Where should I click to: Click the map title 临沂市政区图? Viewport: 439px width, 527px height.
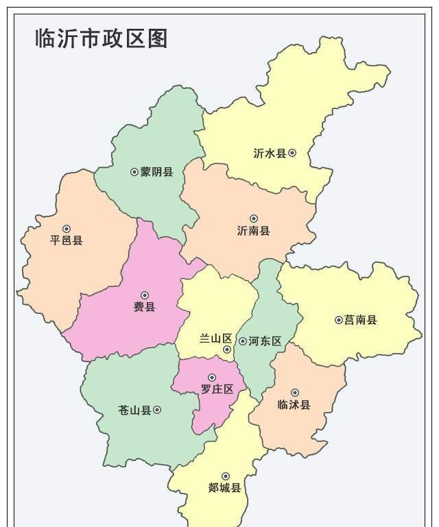(x=102, y=38)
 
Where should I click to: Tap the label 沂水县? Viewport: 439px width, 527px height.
(x=270, y=154)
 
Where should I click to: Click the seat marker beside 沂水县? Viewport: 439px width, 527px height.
(x=292, y=153)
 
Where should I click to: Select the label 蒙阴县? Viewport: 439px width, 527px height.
(x=157, y=172)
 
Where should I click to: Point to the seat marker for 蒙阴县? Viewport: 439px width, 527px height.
(x=134, y=172)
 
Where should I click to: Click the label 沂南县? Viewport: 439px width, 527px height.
(x=253, y=231)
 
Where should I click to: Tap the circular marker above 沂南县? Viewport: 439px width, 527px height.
(x=254, y=219)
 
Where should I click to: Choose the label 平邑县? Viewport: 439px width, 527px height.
(x=67, y=241)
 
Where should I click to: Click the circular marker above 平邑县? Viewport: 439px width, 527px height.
(x=67, y=229)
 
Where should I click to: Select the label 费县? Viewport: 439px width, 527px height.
(x=144, y=307)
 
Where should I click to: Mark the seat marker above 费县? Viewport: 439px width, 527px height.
(x=144, y=295)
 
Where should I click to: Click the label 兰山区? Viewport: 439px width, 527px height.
(x=216, y=339)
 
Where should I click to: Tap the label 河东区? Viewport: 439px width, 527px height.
(x=265, y=341)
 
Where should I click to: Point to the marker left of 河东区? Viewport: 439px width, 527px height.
(x=243, y=341)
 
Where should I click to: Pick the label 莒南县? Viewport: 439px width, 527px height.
(x=361, y=320)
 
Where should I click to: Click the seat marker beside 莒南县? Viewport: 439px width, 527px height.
(x=338, y=320)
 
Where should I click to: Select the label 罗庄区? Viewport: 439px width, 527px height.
(x=217, y=389)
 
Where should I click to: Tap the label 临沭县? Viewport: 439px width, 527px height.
(x=294, y=404)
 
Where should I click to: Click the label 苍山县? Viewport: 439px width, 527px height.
(x=134, y=410)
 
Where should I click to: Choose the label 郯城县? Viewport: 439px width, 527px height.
(x=225, y=488)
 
